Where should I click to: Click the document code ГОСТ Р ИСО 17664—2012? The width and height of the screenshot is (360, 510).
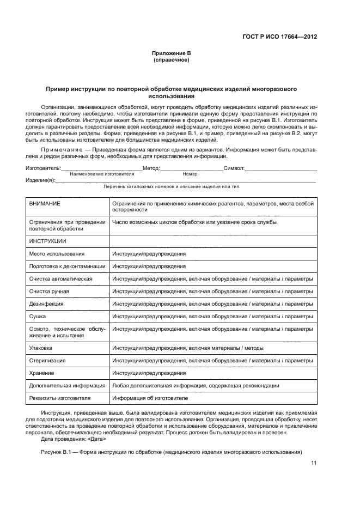click(x=279, y=37)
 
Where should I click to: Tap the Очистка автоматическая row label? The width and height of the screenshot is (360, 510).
click(x=60, y=279)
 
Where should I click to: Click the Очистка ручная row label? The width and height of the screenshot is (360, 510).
click(x=49, y=292)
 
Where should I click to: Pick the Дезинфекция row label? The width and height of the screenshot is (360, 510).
click(x=46, y=304)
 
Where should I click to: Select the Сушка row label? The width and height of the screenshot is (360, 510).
click(x=38, y=317)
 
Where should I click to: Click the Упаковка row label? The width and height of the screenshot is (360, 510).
click(x=41, y=348)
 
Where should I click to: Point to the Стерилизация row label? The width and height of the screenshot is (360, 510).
click(x=47, y=361)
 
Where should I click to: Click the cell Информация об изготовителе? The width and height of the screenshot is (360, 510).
click(x=146, y=398)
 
